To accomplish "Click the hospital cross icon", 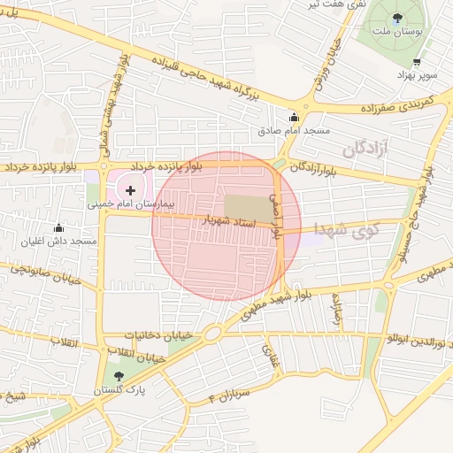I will point(131,189).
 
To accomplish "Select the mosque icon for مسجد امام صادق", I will point(294,117).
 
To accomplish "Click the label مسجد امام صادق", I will point(294,130).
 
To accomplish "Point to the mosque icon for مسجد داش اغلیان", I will point(59,228).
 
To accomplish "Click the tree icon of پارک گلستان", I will point(119,377).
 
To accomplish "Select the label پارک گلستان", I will point(118,389).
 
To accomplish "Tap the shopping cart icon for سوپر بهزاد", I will point(417,62).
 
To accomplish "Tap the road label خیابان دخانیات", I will point(159,335).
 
